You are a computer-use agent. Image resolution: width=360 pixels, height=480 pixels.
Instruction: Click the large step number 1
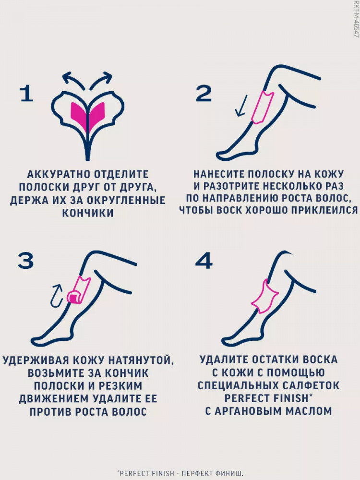[x=26, y=94]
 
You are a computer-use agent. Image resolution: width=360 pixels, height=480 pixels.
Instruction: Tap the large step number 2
[x=204, y=94]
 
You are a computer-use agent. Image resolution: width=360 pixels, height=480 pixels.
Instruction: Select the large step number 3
[x=26, y=261]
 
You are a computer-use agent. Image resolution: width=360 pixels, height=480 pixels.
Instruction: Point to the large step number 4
[x=204, y=261]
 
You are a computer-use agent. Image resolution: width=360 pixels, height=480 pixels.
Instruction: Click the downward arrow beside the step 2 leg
[x=241, y=106]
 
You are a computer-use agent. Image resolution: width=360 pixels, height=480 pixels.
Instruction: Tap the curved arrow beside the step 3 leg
[x=57, y=296]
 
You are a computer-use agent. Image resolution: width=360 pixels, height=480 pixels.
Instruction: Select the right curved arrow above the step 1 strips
[x=101, y=81]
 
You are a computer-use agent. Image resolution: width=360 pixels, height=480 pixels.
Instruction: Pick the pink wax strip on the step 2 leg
[x=263, y=107]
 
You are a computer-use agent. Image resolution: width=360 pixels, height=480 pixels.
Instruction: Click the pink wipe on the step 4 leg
[x=264, y=296]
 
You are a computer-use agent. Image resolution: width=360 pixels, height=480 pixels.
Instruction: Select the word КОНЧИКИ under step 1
[x=88, y=213]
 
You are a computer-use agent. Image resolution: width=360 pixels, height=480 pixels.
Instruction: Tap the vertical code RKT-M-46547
[x=356, y=20]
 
